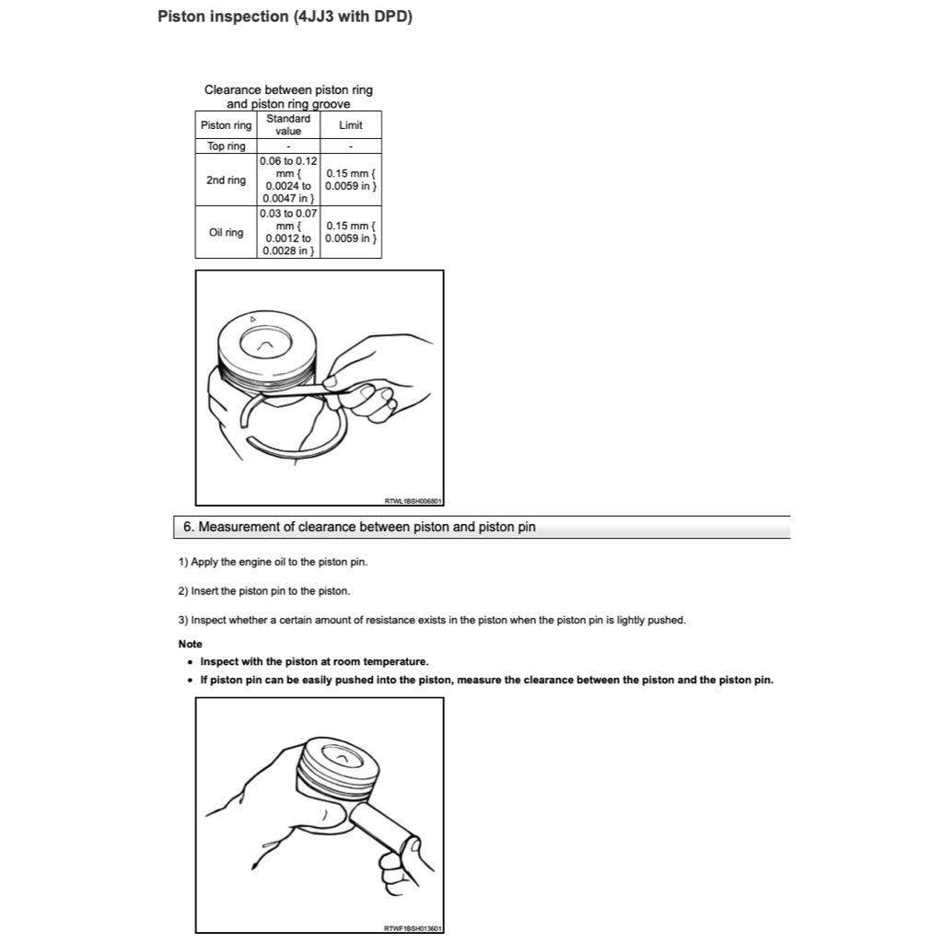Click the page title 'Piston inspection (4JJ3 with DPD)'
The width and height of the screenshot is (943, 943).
click(285, 17)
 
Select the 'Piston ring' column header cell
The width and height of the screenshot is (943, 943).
click(226, 125)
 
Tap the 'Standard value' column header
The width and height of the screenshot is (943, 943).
click(288, 125)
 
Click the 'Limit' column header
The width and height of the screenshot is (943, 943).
click(351, 125)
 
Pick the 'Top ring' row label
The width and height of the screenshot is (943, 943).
click(226, 146)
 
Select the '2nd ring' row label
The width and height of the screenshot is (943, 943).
click(226, 180)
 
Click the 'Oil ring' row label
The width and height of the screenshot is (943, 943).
click(226, 233)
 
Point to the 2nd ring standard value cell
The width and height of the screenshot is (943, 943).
click(288, 180)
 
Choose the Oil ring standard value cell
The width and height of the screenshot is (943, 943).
click(288, 233)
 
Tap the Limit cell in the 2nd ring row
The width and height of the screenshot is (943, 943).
click(351, 180)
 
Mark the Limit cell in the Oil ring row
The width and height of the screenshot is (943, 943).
click(351, 233)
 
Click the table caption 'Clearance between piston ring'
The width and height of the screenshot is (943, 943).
click(288, 90)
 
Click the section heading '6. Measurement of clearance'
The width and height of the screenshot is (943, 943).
click(359, 528)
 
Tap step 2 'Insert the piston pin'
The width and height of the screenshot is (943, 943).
click(264, 591)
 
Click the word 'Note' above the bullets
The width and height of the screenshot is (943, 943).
click(190, 645)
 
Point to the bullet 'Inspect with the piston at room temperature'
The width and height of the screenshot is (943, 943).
click(314, 662)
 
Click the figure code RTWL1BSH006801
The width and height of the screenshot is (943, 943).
click(413, 501)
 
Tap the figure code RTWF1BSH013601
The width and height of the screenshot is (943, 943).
click(413, 928)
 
